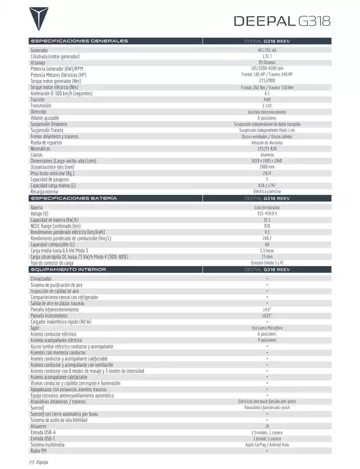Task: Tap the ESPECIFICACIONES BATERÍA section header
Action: [x=73, y=199]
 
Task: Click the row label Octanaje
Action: [x=39, y=62]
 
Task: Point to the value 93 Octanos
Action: [x=267, y=62]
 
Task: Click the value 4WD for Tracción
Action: [x=267, y=100]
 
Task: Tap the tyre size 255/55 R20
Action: [x=267, y=149]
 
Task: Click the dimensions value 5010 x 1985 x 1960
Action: [x=267, y=161]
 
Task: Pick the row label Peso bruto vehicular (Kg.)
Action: [x=52, y=173]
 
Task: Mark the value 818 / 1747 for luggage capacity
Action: [x=267, y=185]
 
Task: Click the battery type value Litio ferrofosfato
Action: [x=267, y=208]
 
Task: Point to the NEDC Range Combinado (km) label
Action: [x=55, y=226]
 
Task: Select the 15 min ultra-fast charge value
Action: [x=267, y=257]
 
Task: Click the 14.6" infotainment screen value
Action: [x=267, y=309]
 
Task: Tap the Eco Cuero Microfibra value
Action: [x=267, y=328]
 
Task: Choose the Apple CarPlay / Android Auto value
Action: [x=267, y=445]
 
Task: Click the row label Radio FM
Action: [x=39, y=450]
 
